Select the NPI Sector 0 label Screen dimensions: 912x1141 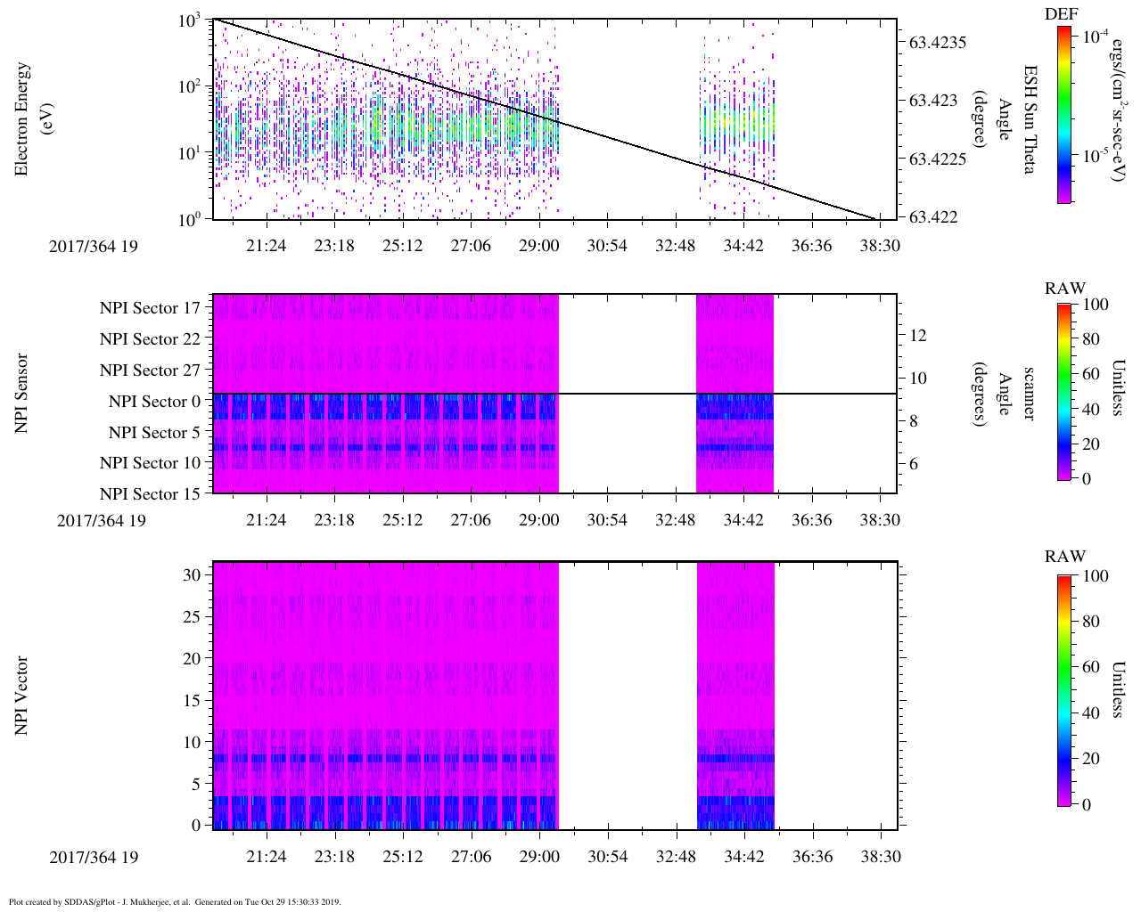(x=154, y=402)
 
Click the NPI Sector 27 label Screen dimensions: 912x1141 (x=150, y=370)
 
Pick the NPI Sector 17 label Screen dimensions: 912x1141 (x=150, y=308)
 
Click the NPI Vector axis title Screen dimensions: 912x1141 (x=21, y=696)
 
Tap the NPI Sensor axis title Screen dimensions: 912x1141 (x=21, y=394)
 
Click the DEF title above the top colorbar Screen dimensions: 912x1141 (x=1062, y=14)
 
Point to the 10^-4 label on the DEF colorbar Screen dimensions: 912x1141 (x=1093, y=37)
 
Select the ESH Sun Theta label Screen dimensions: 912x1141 (x=1029, y=118)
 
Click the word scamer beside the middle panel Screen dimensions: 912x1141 (x=1029, y=394)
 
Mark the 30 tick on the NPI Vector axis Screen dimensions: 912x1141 (x=192, y=575)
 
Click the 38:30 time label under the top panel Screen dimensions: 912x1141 (x=880, y=245)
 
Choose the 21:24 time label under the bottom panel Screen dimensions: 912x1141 (x=266, y=857)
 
